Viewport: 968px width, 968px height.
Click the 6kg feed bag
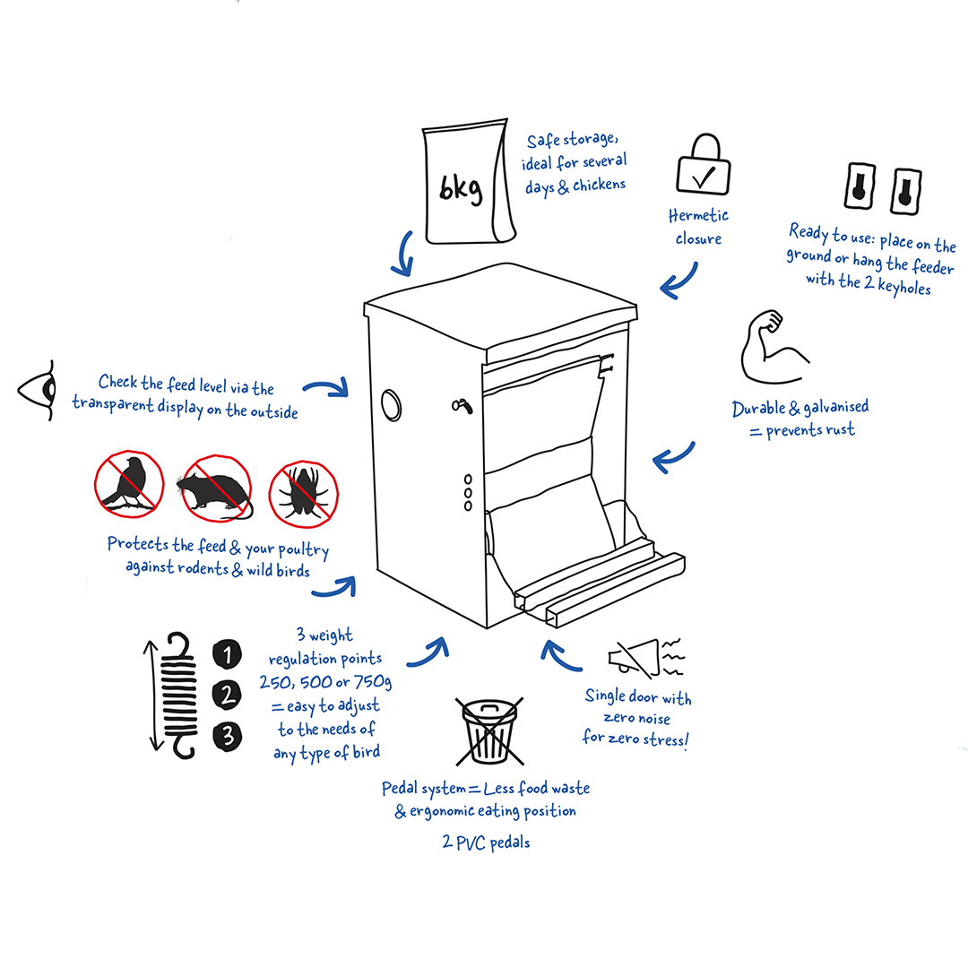[469, 181]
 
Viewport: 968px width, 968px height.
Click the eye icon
[38, 390]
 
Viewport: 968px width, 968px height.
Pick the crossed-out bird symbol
[129, 484]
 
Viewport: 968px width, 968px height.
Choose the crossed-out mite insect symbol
[303, 494]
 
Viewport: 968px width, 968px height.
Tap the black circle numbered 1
[227, 654]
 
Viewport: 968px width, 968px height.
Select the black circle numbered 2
[227, 696]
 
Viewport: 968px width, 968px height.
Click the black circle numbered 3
[227, 736]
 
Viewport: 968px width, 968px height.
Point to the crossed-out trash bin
[489, 731]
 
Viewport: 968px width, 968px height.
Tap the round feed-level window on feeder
[392, 406]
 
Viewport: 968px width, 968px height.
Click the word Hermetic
[698, 215]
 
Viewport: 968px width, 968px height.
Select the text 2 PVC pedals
[487, 842]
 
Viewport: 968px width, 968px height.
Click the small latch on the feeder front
[462, 406]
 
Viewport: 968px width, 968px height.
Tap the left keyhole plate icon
[860, 186]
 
